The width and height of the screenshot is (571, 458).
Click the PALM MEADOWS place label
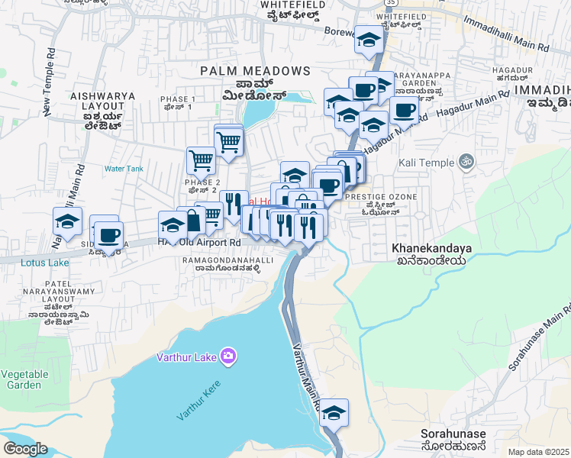tap(255, 71)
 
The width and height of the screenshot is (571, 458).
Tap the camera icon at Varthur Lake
tap(227, 356)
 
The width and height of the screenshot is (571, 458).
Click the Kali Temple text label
tap(425, 163)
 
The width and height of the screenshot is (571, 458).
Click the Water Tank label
tap(124, 169)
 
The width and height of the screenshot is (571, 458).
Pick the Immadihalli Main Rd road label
tap(503, 47)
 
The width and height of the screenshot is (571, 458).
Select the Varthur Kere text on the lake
tap(198, 400)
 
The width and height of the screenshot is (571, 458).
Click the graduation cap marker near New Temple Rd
tap(67, 222)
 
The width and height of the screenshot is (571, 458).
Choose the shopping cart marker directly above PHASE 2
tap(201, 161)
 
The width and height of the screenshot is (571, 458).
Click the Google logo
tap(25, 449)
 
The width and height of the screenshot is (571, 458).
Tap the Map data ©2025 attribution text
tap(538, 452)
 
